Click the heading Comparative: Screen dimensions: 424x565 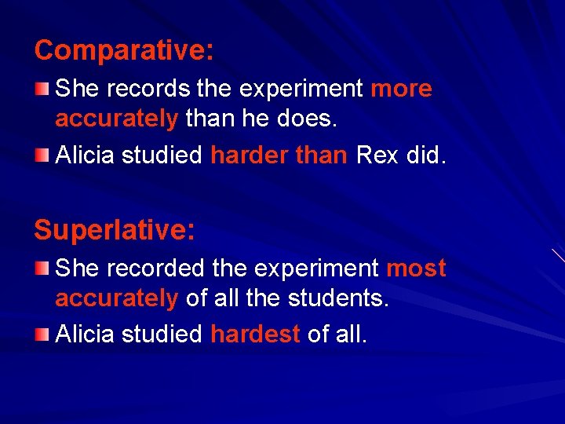click(x=124, y=51)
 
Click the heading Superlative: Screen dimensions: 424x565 click(x=115, y=230)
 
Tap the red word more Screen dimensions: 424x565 click(x=401, y=89)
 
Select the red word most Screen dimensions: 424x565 click(x=417, y=269)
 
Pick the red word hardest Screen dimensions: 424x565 click(x=256, y=334)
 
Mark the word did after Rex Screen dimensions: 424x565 click(x=425, y=155)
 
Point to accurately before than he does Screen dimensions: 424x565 click(x=117, y=119)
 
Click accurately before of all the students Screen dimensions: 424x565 click(x=117, y=298)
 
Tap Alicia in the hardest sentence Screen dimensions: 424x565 click(x=85, y=334)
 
